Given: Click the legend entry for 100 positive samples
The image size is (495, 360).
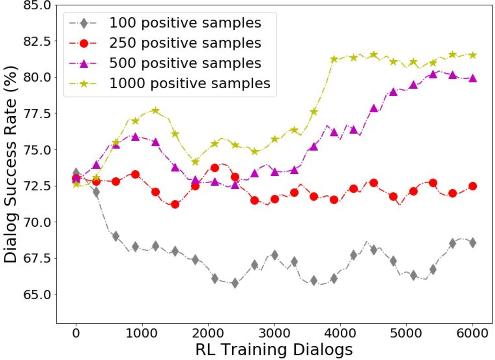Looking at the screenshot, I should pos(185,22).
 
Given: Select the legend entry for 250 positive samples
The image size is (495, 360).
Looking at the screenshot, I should pos(185,43).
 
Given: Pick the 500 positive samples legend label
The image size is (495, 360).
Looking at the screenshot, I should pos(185,63).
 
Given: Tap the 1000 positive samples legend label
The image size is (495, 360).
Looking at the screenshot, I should pos(190,83).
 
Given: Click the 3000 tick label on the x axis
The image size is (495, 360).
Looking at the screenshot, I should pos(275,334).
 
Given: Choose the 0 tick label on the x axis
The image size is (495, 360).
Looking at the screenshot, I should pos(76,334).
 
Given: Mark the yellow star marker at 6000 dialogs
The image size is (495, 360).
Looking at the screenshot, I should pos(472,55).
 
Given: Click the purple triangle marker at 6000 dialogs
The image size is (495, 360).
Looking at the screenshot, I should pos(472,78).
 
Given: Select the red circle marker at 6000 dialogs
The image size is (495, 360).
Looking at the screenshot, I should pos(472,186).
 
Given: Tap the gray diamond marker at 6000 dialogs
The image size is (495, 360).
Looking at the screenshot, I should pos(472,243).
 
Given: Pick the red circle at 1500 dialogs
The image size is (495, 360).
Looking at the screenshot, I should pos(175,204).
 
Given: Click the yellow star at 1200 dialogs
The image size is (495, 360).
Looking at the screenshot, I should pos(156,110).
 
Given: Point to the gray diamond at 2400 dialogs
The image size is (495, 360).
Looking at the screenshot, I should pos(235,283).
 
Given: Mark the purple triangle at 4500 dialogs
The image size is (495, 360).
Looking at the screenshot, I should pos(374,108).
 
